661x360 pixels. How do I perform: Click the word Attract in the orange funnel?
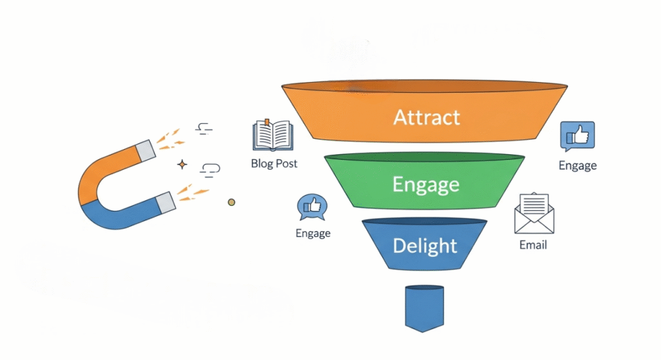coord(427,117)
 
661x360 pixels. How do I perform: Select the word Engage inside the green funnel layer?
coord(426,185)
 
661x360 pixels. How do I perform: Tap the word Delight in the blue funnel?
coord(425,246)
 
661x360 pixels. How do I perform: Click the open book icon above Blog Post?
coord(273,135)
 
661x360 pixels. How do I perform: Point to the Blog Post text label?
coord(274,164)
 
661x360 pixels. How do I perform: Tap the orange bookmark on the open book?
coord(267,121)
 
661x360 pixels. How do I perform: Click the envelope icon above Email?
coord(533,215)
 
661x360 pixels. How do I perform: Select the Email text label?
coord(533,245)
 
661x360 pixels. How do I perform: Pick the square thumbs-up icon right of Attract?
coord(577,137)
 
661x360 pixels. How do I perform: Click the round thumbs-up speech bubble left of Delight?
coord(312,208)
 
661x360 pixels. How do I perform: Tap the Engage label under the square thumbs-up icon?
coord(578,166)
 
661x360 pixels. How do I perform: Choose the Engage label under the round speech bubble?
coord(313,234)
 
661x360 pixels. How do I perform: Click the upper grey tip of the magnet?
coord(147,150)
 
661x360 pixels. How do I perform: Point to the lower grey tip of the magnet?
coord(165,201)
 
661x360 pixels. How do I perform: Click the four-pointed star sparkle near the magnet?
coord(182,165)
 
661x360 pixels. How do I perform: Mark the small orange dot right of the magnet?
coord(232,203)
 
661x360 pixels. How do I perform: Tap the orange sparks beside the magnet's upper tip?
coord(170,137)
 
